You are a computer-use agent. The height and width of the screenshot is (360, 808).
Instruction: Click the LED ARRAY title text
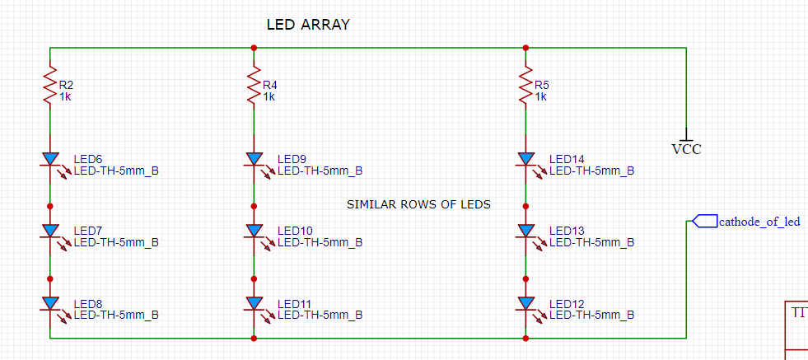(308, 24)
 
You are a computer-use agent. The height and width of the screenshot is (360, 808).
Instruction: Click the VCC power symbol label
(686, 150)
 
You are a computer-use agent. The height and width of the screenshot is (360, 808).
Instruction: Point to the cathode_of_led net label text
(759, 222)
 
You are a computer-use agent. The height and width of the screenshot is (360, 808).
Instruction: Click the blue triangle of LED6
(50, 159)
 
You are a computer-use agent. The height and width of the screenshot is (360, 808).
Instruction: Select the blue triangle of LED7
(50, 230)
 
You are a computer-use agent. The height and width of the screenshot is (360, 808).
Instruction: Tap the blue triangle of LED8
(50, 303)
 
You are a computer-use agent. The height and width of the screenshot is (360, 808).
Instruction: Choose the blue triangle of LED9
(254, 159)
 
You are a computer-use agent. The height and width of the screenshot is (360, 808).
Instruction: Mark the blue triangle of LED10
(254, 230)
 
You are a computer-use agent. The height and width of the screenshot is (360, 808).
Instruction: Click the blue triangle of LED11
(254, 303)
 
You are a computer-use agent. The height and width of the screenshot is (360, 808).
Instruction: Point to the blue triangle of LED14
(525, 159)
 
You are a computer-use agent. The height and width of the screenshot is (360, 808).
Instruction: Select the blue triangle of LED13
(525, 230)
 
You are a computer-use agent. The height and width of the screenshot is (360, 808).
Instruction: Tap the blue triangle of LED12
(525, 303)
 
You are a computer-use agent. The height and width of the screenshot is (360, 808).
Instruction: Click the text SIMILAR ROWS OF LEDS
(419, 205)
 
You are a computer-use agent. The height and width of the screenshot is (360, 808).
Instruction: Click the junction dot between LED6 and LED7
(50, 206)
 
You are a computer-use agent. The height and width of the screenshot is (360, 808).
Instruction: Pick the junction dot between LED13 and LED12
(525, 279)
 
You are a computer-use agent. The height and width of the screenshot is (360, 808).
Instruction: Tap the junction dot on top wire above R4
(254, 48)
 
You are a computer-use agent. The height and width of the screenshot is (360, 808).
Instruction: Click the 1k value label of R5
(540, 97)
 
